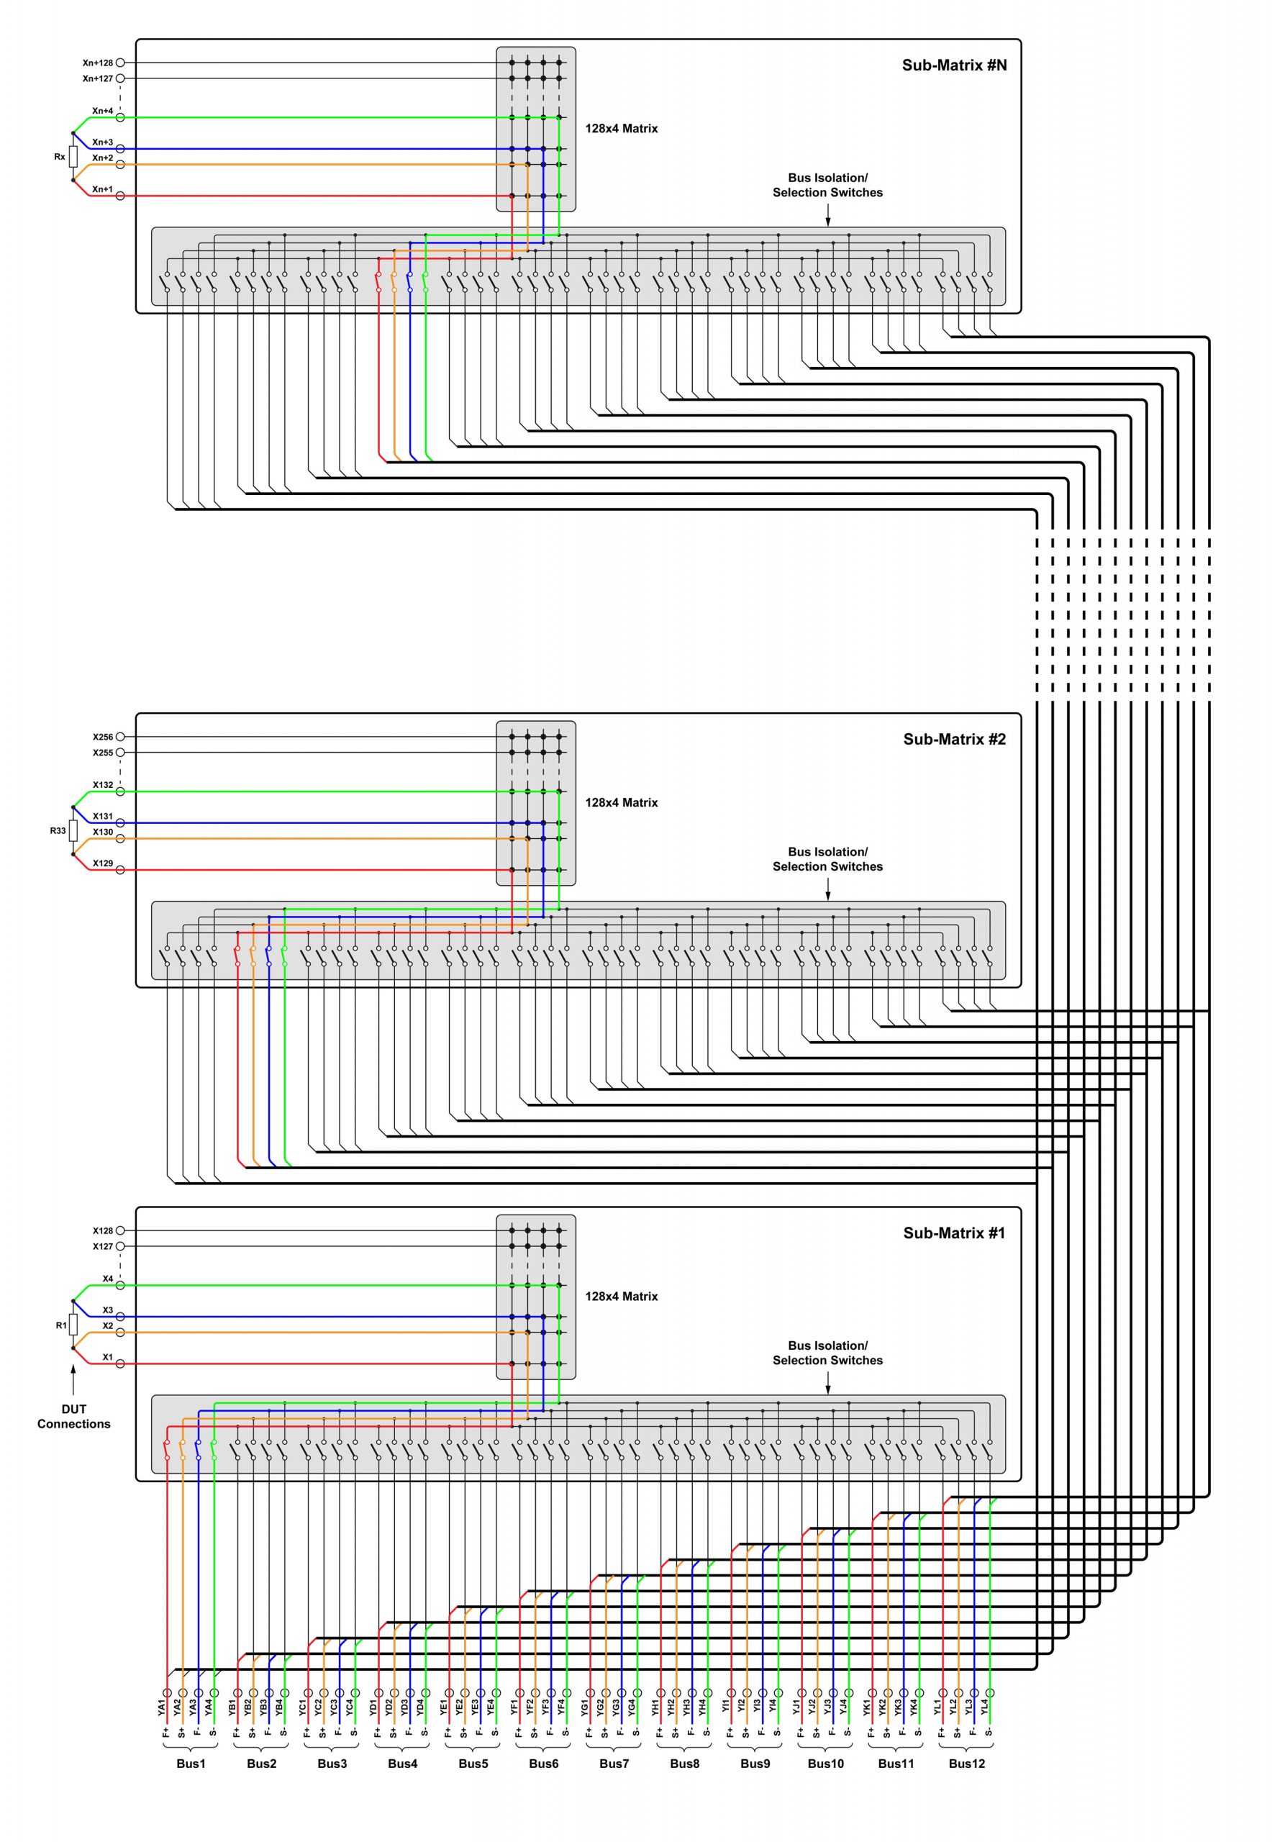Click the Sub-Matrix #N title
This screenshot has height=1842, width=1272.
954,65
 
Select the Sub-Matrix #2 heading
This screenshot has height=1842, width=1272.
954,739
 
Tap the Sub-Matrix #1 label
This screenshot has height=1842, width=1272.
954,1233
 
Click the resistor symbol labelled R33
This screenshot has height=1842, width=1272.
73,830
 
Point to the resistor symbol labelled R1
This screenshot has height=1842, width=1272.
73,1325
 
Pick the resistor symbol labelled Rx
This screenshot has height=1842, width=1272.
73,156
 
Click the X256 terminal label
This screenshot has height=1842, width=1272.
103,738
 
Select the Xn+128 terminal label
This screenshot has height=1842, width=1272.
98,63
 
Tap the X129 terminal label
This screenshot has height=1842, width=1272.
103,863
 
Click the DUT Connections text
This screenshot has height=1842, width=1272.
73,1416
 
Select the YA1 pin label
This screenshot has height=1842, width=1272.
162,1707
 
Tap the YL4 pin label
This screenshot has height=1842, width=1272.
984,1707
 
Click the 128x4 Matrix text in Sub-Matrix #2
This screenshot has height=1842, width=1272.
622,802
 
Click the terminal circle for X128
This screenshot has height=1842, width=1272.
120,1230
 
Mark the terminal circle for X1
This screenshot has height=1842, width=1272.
120,1364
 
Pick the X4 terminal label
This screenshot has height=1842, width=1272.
108,1279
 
